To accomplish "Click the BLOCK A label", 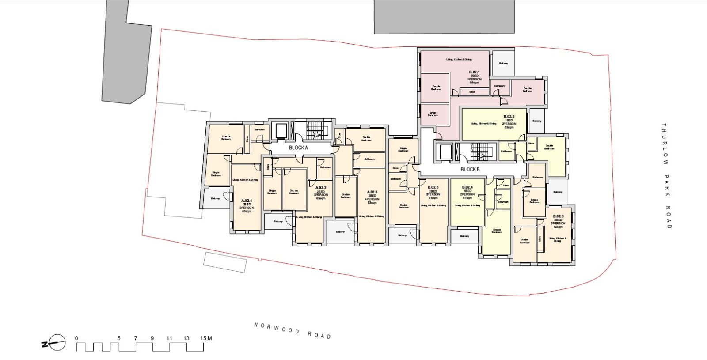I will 298,148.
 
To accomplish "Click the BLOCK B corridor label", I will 470,170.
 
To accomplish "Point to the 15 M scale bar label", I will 206,339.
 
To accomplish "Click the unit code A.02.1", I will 246,201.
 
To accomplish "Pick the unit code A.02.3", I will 372,192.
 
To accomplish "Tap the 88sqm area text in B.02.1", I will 474,83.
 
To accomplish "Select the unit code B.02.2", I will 509,117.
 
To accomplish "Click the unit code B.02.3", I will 558,216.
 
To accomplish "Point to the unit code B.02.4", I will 468,187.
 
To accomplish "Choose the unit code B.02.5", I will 433,187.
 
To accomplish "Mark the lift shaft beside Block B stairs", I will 444,152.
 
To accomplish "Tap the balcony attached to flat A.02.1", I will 216,198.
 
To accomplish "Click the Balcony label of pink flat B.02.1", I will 503,63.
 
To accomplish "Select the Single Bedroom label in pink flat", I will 433,114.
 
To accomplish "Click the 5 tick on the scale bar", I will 118,339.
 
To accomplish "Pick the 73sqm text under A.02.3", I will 372,203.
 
